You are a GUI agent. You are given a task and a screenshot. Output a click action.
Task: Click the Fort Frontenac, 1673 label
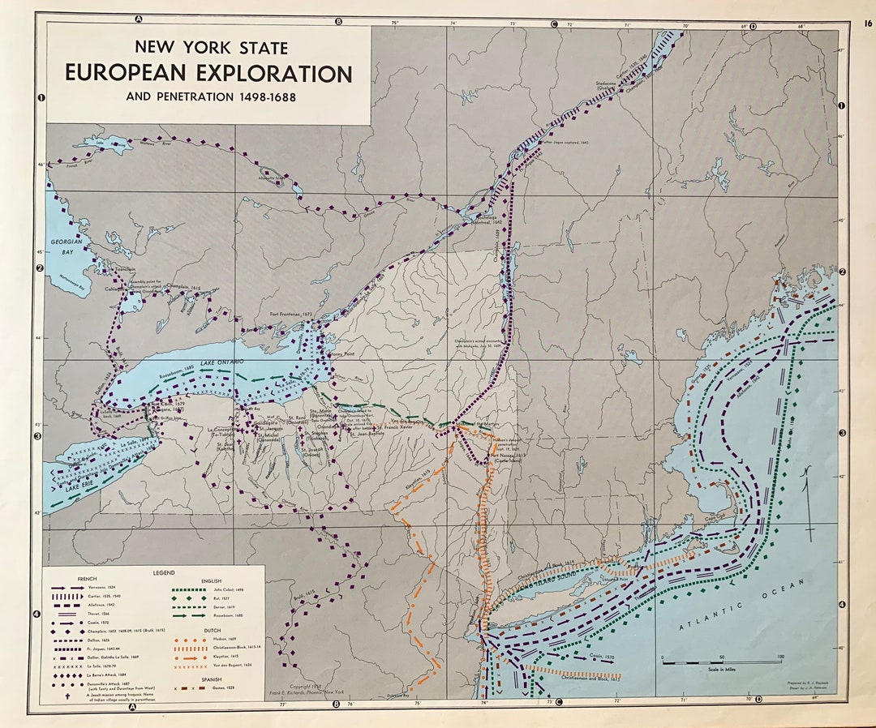pyautogui.click(x=290, y=314)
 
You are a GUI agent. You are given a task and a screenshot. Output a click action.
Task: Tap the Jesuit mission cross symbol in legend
pyautogui.click(x=58, y=692)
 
